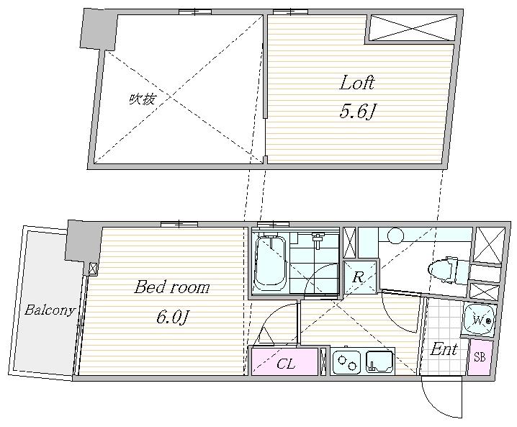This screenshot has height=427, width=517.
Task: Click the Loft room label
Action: (357, 83)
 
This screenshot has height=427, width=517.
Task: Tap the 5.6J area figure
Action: (357, 111)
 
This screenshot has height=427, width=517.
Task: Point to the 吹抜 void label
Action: (142, 99)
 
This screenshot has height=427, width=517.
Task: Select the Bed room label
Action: (172, 287)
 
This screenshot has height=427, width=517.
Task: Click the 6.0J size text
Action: (172, 317)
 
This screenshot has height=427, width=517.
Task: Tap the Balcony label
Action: (50, 310)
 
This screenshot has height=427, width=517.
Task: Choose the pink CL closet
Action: (285, 362)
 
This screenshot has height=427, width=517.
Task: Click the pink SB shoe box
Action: (480, 357)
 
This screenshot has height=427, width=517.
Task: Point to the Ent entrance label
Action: (444, 349)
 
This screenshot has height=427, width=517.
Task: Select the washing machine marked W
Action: (480, 320)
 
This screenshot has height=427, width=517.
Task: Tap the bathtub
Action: (271, 263)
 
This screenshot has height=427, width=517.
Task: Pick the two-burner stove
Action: (347, 362)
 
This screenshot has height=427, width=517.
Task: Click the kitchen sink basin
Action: (380, 361)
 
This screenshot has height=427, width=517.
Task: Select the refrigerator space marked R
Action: (360, 277)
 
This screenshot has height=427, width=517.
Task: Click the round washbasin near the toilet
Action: (395, 235)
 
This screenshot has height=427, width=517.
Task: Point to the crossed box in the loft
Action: (412, 27)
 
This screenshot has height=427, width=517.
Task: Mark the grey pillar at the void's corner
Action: (99, 29)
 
